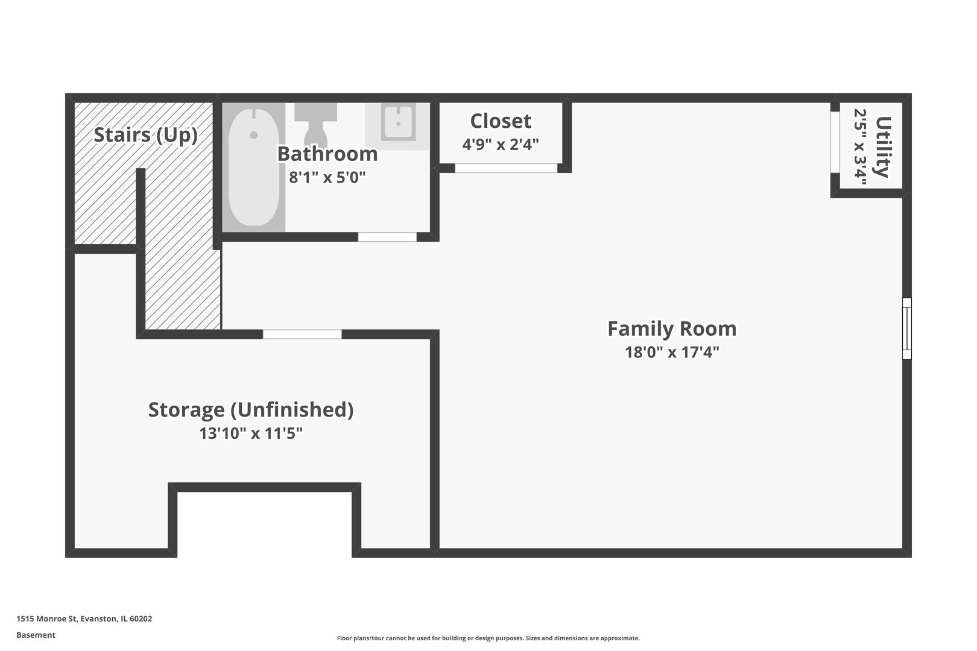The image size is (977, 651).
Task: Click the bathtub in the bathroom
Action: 254,168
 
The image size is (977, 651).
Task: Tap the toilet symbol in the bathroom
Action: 315,124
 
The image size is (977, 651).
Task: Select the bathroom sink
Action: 398,123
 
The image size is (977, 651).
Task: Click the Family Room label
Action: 672,329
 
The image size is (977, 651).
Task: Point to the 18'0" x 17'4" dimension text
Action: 672,352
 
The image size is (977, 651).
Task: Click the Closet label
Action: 501,121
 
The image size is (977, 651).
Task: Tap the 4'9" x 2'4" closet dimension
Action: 501,145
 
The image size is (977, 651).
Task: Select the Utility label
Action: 883,147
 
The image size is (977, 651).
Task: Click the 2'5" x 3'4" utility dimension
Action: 861,147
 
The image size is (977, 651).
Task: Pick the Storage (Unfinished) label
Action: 251,410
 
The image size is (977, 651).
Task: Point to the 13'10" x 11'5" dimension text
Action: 251,433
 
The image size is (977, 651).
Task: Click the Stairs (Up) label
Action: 145,135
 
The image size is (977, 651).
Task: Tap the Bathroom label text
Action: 327,154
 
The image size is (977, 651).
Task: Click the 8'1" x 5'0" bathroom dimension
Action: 327,178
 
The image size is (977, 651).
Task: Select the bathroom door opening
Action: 387,237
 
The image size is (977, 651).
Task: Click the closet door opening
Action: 506,168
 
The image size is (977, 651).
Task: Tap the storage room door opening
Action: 302,334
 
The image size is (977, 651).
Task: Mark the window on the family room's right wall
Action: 906,329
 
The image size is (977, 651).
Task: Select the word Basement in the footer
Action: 36,635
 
